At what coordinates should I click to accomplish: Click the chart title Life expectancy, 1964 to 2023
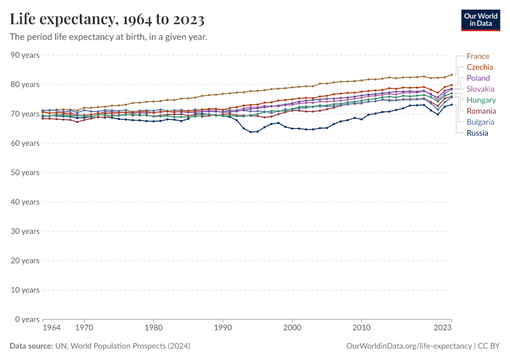coord(107,20)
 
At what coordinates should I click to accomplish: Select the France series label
coord(478,56)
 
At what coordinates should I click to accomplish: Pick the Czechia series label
coord(479,67)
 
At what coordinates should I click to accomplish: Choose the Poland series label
coord(478,78)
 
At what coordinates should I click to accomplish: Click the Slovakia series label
coord(481,89)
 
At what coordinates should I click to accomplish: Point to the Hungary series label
coord(481,100)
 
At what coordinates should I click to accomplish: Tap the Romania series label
coord(481,111)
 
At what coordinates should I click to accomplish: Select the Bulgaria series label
coord(481,122)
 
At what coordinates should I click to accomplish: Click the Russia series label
coord(477,133)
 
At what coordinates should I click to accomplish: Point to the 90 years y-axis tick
coord(25,55)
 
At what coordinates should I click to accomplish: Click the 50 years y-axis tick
coord(25,173)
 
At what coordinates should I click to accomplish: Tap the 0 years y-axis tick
coord(27,319)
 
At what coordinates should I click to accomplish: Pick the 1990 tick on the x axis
coord(223,328)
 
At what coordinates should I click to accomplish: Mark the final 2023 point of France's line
coord(452,75)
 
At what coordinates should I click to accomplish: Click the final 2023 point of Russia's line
coord(452,104)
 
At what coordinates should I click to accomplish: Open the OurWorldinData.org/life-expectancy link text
coord(409,346)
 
